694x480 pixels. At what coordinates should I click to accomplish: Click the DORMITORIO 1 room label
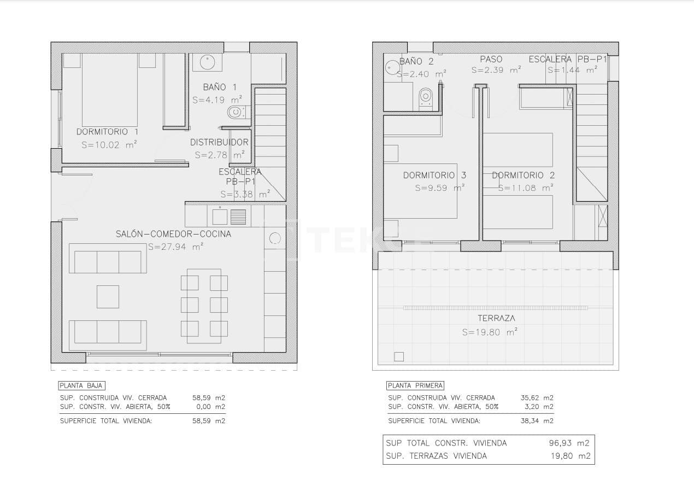click(x=107, y=132)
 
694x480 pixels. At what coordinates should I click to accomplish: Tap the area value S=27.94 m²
click(x=175, y=247)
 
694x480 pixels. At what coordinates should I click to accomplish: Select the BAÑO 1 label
click(x=220, y=87)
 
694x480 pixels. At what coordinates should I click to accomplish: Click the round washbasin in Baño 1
click(x=207, y=62)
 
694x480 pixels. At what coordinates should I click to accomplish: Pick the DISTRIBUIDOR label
click(x=219, y=142)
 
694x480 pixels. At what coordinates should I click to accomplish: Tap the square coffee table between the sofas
click(x=108, y=297)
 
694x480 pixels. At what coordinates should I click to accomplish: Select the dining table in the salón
click(x=204, y=306)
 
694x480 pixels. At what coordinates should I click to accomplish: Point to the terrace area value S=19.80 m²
click(x=490, y=332)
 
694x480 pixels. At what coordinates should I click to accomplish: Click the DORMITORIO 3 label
click(x=434, y=175)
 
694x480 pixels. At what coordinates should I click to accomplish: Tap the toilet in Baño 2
click(x=425, y=98)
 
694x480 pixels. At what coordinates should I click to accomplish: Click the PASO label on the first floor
click(x=491, y=59)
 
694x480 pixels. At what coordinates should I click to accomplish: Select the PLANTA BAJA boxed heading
click(x=81, y=385)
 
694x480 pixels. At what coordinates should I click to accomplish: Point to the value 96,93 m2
click(x=569, y=443)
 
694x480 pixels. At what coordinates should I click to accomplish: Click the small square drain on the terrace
click(x=399, y=356)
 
